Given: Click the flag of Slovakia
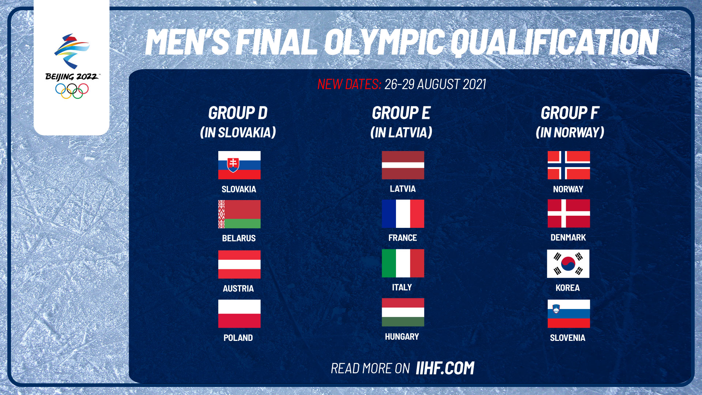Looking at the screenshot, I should (239, 165).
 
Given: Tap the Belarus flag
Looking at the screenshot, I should (239, 214).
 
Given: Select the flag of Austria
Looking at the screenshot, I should (239, 264).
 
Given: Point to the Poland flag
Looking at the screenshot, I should (239, 313).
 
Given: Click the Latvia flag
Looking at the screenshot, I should (403, 165).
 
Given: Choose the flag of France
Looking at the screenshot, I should (403, 214).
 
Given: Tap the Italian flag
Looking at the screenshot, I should (403, 263).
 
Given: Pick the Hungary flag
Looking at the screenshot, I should (403, 312).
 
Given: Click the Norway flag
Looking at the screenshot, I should (569, 165).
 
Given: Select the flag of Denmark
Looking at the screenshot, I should (569, 214).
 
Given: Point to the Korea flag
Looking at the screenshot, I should (568, 264).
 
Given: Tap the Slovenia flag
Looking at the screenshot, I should (569, 313).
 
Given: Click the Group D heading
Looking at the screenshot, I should (238, 113).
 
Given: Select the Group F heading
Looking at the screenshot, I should (570, 113).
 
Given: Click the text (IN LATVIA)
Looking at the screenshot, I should (401, 132).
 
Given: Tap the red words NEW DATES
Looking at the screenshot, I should (349, 84).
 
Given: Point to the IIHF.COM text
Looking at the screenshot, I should (445, 368).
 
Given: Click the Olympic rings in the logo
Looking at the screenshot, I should (72, 91).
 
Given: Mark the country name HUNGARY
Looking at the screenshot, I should (402, 336).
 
